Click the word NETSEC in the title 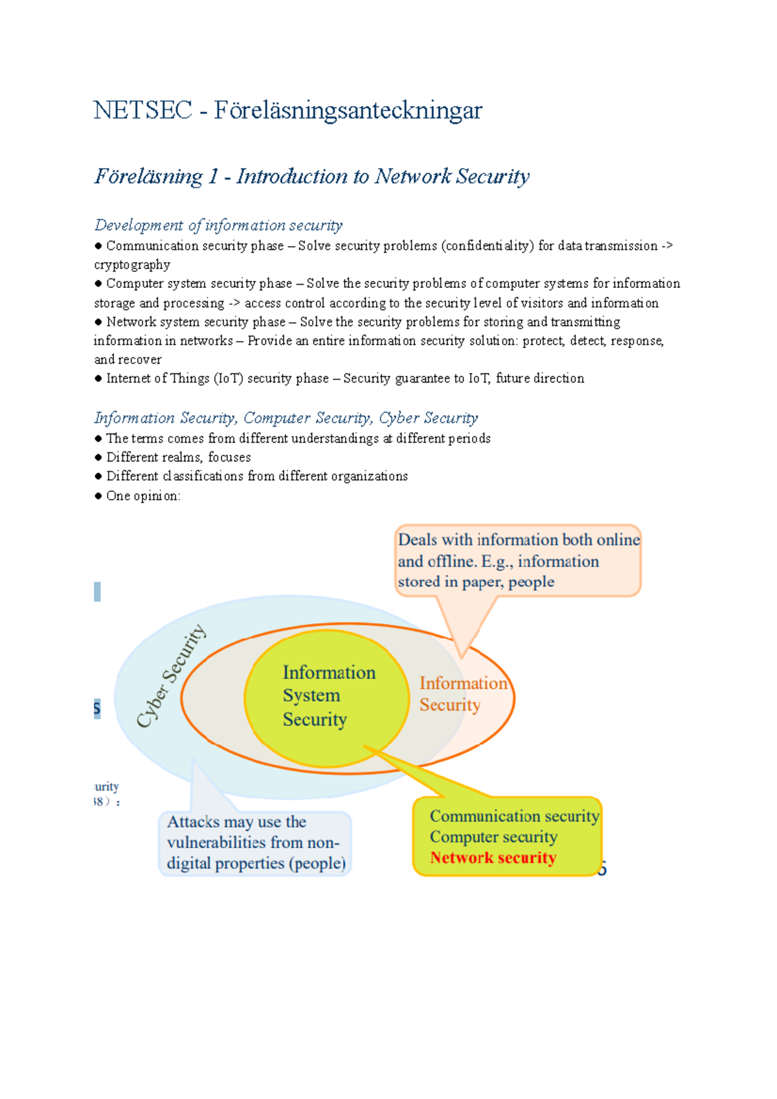(x=142, y=110)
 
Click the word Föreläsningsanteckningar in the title (x=348, y=111)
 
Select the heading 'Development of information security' (x=218, y=225)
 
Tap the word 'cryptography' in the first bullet (x=132, y=265)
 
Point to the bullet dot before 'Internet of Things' (x=98, y=379)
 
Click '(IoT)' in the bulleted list (x=228, y=379)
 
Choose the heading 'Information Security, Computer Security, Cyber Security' (x=286, y=418)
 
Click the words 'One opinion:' (x=143, y=496)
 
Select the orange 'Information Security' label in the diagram (x=462, y=694)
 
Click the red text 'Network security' (x=493, y=858)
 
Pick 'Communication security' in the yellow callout (x=514, y=816)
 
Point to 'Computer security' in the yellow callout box (x=493, y=837)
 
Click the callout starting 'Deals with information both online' (x=517, y=561)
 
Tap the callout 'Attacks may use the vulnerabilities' (x=255, y=843)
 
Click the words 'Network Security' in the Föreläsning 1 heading (x=452, y=176)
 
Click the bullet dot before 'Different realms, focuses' (x=98, y=458)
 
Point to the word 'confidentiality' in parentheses (x=488, y=246)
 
